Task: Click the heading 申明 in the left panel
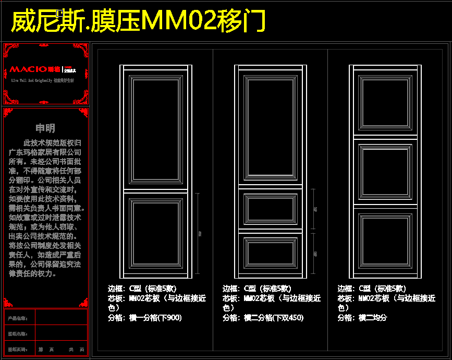click(45, 128)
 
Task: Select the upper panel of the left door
click(156, 130)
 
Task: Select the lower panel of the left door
click(156, 232)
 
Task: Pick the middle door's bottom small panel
click(271, 253)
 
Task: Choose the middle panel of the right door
click(385, 172)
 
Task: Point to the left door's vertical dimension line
click(199, 233)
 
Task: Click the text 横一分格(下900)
click(155, 318)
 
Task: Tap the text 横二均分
click(373, 318)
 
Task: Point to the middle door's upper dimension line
click(313, 209)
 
